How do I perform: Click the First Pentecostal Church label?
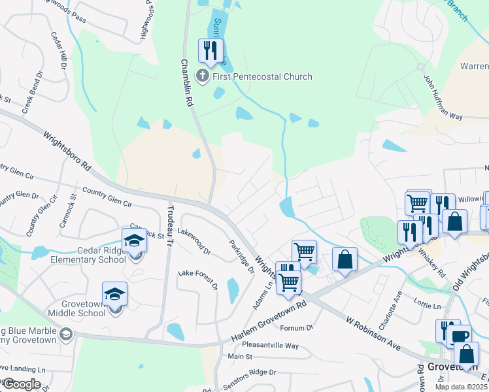tap(261, 76)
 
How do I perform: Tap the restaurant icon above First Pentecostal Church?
tap(211, 50)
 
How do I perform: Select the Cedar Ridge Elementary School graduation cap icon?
tap(135, 240)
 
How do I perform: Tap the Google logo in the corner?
tap(22, 384)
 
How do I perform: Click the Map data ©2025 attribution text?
tap(462, 387)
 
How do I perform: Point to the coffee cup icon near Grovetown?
tap(459, 336)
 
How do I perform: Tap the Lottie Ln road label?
tap(428, 304)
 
